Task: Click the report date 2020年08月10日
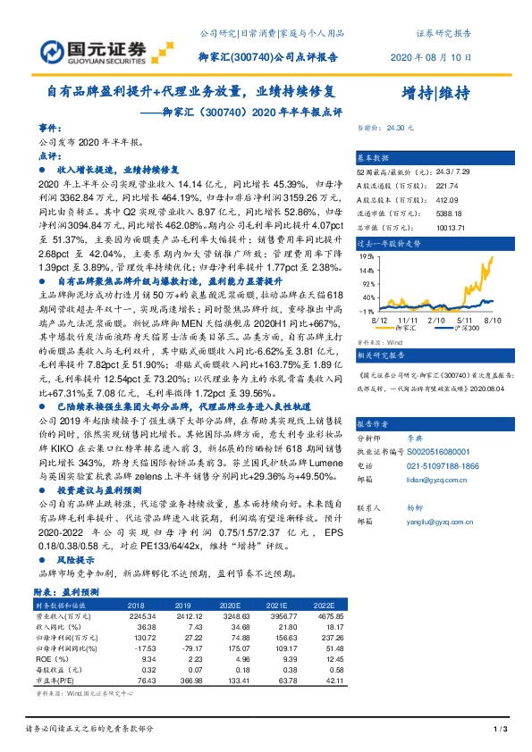432,57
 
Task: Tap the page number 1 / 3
502,730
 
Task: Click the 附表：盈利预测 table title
72,593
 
